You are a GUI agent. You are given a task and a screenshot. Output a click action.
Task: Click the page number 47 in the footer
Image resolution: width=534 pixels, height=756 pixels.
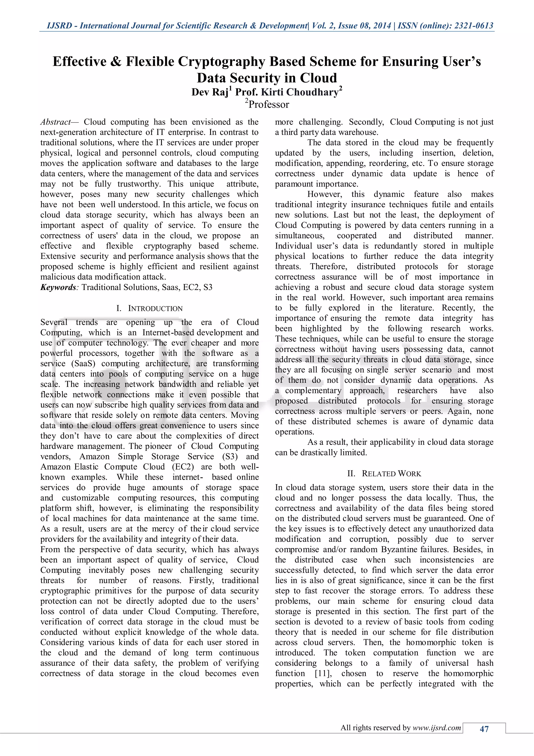point(484,729)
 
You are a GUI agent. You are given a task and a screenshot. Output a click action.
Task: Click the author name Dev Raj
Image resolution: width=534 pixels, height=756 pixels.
point(210,92)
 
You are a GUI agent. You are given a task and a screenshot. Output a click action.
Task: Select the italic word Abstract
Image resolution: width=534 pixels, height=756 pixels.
point(55,122)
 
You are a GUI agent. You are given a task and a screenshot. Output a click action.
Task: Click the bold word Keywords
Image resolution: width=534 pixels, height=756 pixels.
point(58,287)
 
